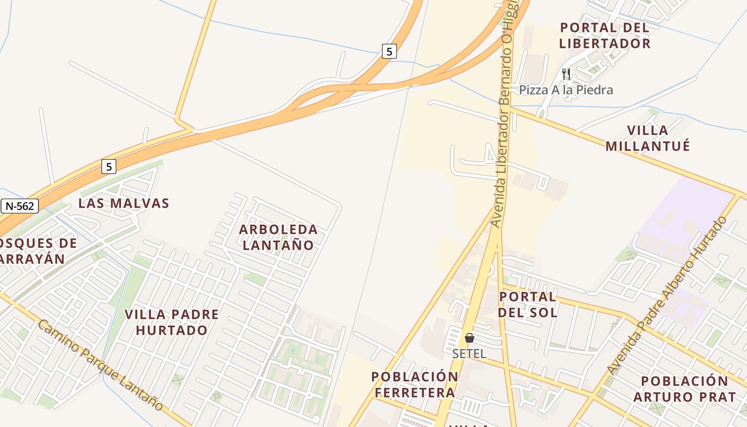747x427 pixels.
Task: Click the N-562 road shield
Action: point(19,206)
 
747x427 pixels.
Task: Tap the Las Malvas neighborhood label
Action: point(124,203)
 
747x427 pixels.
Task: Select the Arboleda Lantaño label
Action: point(278,237)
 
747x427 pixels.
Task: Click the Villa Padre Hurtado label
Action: point(171,322)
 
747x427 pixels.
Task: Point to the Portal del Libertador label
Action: point(605,35)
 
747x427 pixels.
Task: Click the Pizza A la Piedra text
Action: point(566,90)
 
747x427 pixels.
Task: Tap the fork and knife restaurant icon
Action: point(566,74)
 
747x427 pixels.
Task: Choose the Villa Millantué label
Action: point(648,138)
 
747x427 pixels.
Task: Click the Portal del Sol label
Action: point(528,304)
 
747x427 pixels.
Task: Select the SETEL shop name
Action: point(469,353)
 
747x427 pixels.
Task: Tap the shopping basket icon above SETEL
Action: point(470,338)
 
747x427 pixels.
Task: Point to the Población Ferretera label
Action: point(415,384)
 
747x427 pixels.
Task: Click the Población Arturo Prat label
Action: point(685,389)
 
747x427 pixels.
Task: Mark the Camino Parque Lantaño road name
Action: point(100,366)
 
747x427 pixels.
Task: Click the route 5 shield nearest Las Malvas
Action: point(108,167)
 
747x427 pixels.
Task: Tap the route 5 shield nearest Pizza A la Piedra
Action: point(390,51)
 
